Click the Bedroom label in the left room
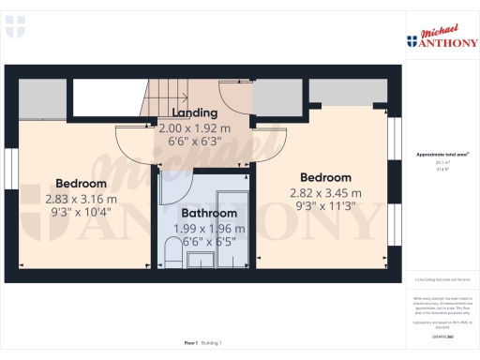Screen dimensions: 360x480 pyautogui.click(x=81, y=184)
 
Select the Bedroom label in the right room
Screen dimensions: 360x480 pyautogui.click(x=325, y=178)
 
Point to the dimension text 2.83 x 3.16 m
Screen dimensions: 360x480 pyautogui.click(x=81, y=199)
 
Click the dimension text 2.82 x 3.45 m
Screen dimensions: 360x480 pyautogui.click(x=325, y=193)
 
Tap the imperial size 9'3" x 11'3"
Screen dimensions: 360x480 pyautogui.click(x=325, y=208)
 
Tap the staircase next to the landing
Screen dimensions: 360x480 pyautogui.click(x=166, y=96)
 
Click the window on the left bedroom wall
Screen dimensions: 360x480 pyautogui.click(x=9, y=172)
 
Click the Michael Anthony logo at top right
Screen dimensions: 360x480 pyautogui.click(x=441, y=37)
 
